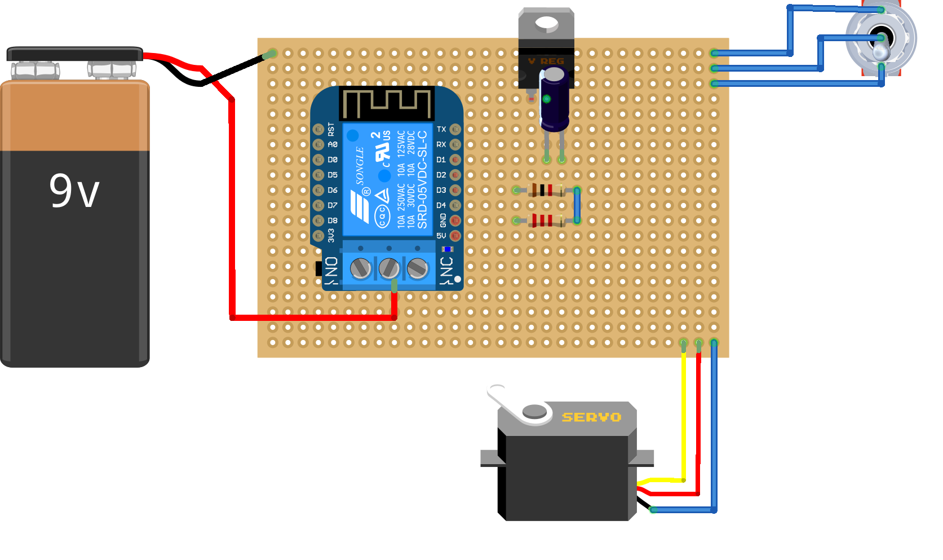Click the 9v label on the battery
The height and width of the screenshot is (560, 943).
click(74, 191)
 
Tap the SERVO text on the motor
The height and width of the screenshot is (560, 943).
click(591, 417)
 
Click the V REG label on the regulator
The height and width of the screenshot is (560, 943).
click(546, 61)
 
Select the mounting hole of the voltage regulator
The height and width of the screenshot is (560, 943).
click(546, 23)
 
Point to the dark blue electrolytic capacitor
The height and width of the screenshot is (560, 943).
click(554, 99)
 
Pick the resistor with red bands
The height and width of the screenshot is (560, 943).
click(543, 221)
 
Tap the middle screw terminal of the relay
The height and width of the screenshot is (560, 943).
click(389, 268)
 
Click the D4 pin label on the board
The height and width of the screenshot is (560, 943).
click(441, 205)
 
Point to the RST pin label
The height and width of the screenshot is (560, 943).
click(331, 129)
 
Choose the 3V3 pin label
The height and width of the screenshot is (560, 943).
click(331, 235)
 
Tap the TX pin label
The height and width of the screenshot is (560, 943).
click(441, 129)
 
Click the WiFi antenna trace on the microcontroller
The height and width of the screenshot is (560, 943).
click(387, 103)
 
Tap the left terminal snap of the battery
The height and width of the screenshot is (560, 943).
click(35, 70)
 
